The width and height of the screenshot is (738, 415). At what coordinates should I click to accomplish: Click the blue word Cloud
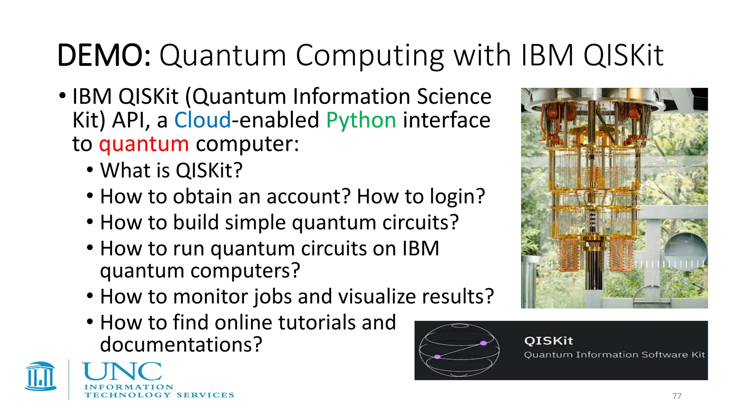click(203, 120)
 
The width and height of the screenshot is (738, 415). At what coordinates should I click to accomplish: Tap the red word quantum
click(144, 144)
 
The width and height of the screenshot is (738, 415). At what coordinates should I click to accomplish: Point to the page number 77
click(677, 396)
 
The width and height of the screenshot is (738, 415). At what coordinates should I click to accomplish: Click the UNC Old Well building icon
click(41, 376)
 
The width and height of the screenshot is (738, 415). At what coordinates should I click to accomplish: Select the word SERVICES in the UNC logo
click(205, 395)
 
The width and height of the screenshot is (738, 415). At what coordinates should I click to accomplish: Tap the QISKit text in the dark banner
click(548, 340)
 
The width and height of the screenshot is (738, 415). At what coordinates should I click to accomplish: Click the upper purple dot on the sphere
click(484, 343)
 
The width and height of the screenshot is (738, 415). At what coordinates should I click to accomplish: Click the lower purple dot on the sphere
click(437, 357)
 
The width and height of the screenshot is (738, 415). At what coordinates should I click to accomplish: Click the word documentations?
click(181, 345)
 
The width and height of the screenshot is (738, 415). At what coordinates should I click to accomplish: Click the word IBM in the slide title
click(547, 55)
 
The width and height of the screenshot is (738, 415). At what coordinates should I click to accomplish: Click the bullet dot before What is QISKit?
click(90, 170)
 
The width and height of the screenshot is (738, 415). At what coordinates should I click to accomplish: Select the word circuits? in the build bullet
click(420, 223)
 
